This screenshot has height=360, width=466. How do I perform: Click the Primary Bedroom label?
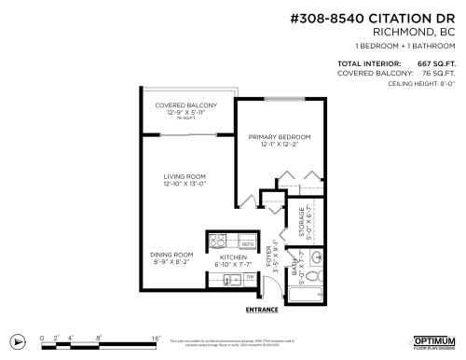pyautogui.click(x=279, y=136)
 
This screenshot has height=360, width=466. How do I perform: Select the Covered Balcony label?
pyautogui.click(x=185, y=104)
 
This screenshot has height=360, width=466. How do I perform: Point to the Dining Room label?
pyautogui.click(x=171, y=254)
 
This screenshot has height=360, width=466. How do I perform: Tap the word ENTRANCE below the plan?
pyautogui.click(x=263, y=308)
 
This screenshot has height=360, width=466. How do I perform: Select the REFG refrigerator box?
pyautogui.click(x=248, y=242)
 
